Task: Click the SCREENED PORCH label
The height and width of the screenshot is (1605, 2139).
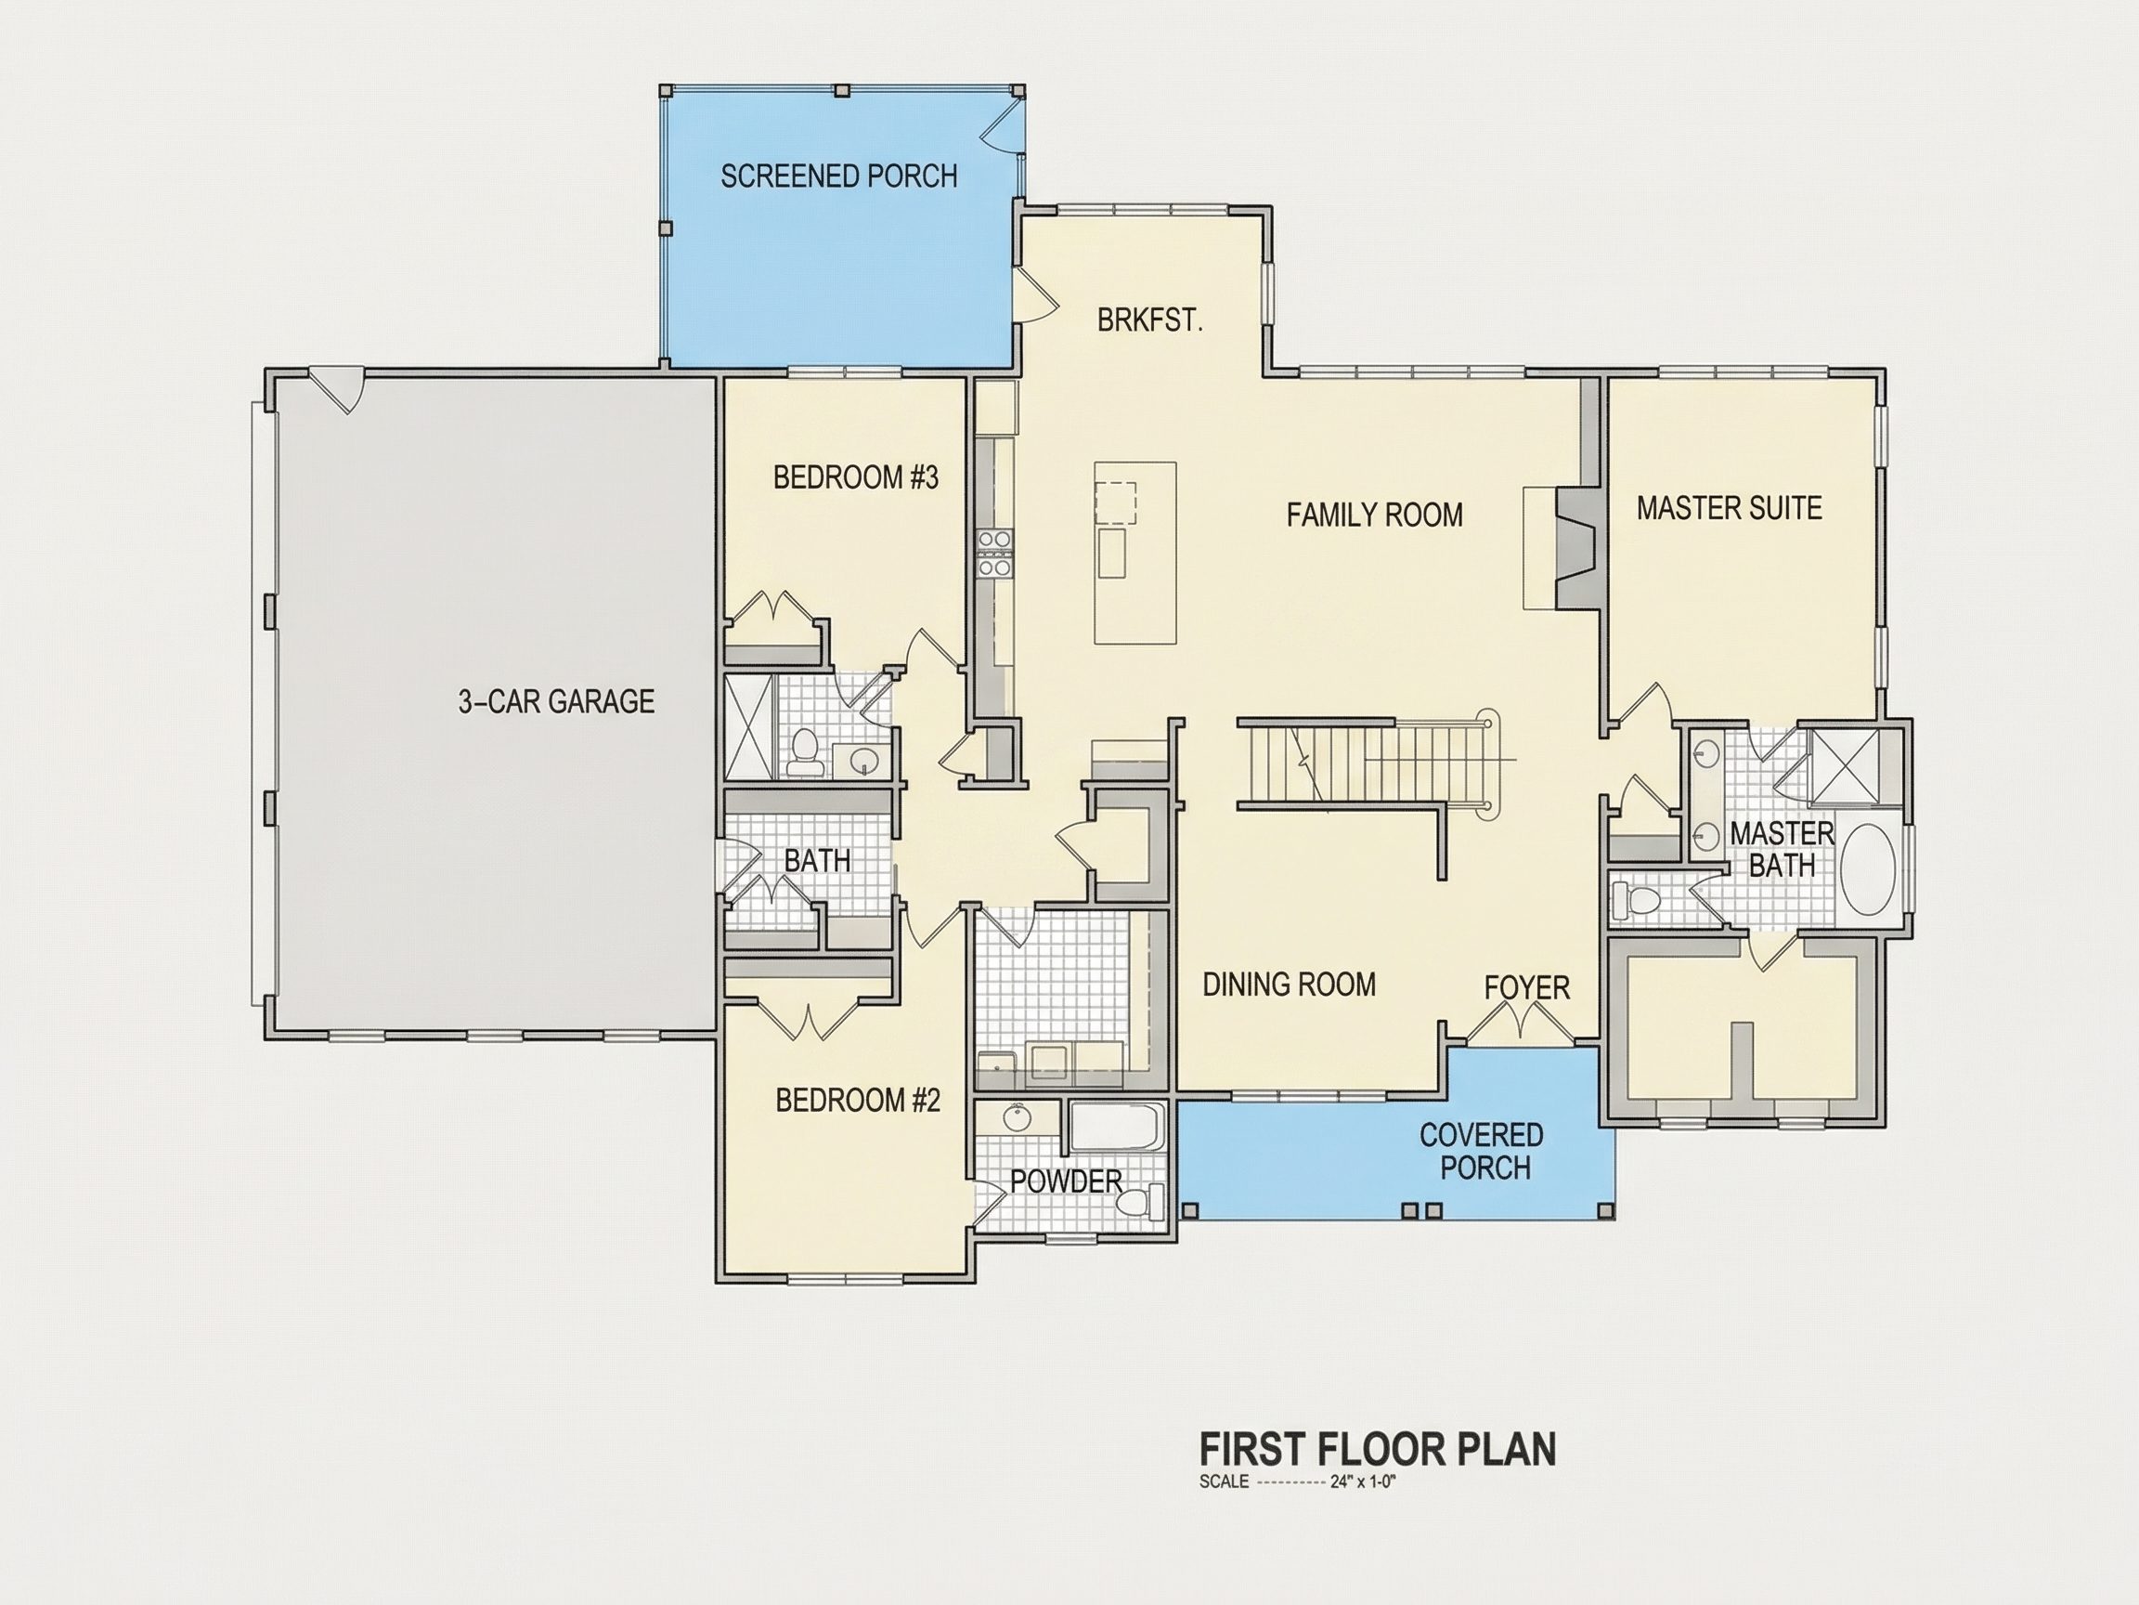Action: (x=838, y=176)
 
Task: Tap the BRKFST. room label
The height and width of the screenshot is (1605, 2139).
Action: (x=1149, y=320)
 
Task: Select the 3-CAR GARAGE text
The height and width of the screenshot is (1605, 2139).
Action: (x=556, y=701)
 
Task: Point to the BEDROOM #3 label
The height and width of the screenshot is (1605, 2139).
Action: (x=856, y=478)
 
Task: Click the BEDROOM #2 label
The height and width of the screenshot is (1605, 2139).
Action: (x=858, y=1100)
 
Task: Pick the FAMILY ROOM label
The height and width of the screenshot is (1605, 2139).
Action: (x=1374, y=515)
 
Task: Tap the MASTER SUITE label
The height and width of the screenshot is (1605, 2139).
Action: (x=1729, y=508)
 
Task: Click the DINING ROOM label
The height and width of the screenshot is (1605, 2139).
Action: (x=1289, y=985)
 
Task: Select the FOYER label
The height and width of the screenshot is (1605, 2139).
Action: (x=1527, y=987)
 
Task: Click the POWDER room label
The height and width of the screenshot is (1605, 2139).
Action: (x=1066, y=1181)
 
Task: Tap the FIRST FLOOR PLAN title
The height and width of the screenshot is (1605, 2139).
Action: (x=1378, y=1449)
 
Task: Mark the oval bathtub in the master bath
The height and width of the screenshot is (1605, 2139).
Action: (x=1868, y=868)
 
